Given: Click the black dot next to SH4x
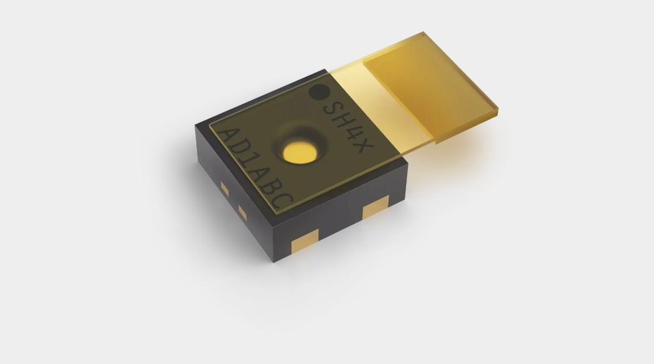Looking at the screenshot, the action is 320,92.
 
